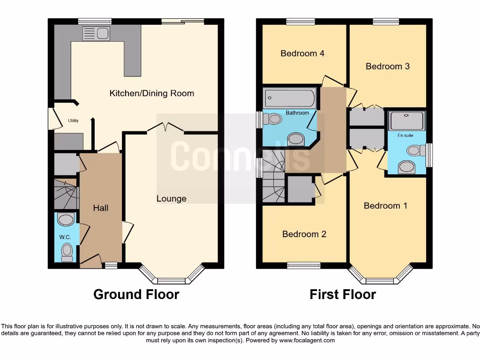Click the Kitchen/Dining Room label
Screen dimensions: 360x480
click(x=151, y=93)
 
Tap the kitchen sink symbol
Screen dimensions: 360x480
click(x=96, y=33)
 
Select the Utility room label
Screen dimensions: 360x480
click(x=73, y=121)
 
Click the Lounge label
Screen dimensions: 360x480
click(x=171, y=199)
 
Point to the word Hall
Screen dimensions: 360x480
click(x=101, y=208)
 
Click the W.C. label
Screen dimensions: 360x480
click(x=65, y=237)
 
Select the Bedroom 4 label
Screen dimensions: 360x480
click(x=302, y=53)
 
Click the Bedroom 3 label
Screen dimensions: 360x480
click(x=387, y=67)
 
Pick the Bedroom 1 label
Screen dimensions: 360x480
click(x=385, y=206)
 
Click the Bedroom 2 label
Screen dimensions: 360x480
click(x=304, y=234)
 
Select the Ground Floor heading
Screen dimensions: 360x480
click(x=136, y=294)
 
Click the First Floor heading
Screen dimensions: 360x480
click(x=343, y=294)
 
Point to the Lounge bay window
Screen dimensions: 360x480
click(x=171, y=280)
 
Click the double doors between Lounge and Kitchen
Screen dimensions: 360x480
click(x=165, y=127)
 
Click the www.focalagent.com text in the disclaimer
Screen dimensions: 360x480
click(x=307, y=340)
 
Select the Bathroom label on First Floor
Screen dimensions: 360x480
click(x=297, y=113)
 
